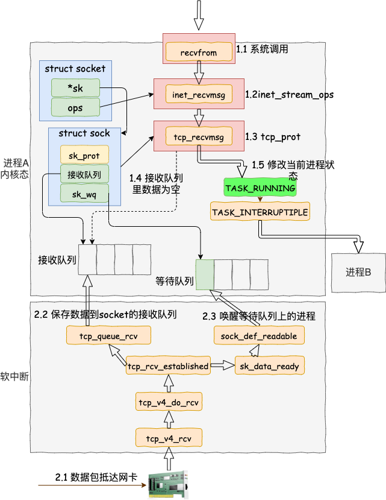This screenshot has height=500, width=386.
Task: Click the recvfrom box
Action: (199, 52)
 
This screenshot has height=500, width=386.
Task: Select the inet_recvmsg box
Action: (199, 94)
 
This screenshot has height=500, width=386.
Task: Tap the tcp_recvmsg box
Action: (199, 136)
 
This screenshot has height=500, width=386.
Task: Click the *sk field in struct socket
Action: (75, 88)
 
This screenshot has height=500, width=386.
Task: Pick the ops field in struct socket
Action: (75, 107)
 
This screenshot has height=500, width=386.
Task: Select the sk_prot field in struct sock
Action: (84, 155)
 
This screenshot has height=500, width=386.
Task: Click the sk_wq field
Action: (84, 194)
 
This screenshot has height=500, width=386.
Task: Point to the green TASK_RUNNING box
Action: (260, 187)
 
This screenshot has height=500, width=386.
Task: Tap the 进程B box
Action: (358, 273)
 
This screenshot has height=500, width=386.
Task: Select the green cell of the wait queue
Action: (205, 274)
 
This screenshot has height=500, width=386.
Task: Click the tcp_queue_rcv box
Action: (108, 335)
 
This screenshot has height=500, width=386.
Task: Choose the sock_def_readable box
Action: (259, 335)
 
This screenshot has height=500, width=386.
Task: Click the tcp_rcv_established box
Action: (168, 366)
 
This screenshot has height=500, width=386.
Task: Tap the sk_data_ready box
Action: (269, 366)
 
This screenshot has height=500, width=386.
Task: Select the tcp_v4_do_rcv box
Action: (169, 402)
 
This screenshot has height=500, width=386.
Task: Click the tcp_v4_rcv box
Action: (169, 438)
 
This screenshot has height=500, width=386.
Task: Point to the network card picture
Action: (168, 485)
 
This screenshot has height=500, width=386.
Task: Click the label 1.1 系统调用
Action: (262, 49)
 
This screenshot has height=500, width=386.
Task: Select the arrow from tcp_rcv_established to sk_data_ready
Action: (223, 366)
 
